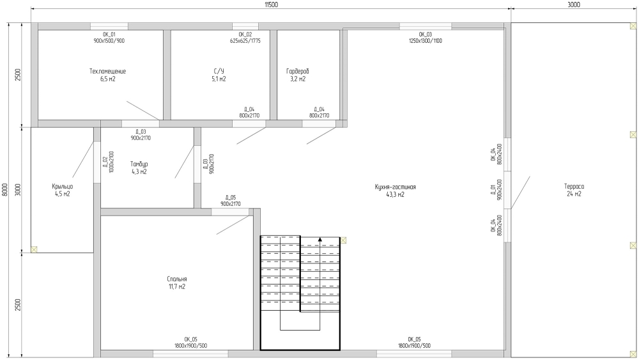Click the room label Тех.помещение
[107, 72]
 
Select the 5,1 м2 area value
[219, 79]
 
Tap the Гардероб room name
[298, 72]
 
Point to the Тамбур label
[139, 164]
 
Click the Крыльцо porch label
[63, 187]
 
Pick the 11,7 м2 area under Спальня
[177, 287]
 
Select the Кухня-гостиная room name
[396, 187]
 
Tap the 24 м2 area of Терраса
[574, 194]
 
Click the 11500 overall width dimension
[271, 5]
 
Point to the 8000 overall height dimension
[5, 189]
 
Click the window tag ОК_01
[109, 35]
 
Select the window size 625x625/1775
[245, 41]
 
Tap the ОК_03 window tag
[425, 35]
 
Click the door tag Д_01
[493, 189]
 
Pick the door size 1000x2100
[112, 162]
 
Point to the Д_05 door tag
[230, 198]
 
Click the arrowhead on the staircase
[320, 240]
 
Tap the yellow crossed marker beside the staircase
[343, 240]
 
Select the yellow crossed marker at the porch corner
[34, 249]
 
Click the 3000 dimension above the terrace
[573, 5]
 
